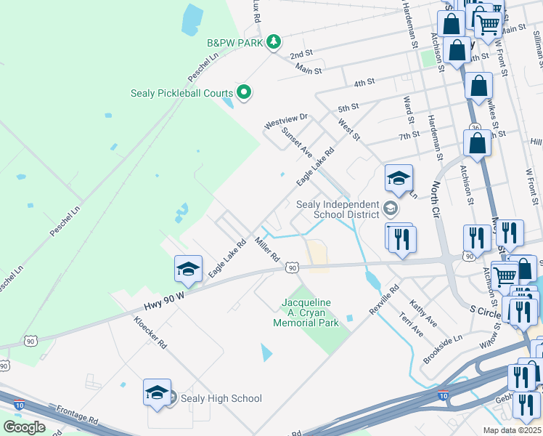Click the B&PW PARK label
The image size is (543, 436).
click(x=234, y=43)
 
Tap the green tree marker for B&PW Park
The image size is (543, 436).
click(x=274, y=42)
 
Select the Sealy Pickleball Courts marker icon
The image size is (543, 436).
click(x=245, y=93)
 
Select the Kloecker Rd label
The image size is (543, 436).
click(x=150, y=332)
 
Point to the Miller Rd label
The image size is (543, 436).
click(x=267, y=249)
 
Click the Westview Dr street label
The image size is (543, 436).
click(x=286, y=121)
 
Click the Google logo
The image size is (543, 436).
click(x=24, y=427)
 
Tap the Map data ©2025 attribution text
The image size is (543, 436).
click(x=512, y=430)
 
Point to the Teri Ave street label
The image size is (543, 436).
click(x=411, y=324)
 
